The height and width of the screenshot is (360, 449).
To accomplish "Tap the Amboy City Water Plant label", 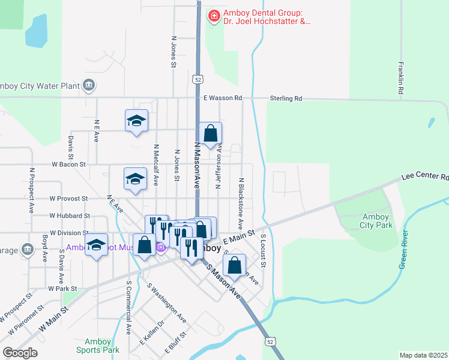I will click(x=40, y=86).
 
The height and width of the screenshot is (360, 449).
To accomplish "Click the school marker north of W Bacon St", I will click(x=136, y=121).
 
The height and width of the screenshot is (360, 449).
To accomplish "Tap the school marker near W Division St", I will click(x=96, y=245).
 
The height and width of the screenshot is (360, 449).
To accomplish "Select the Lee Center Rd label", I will click(x=426, y=178).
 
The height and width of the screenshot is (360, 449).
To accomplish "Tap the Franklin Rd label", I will click(x=400, y=79).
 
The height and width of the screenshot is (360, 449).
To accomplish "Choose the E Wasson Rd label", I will click(x=222, y=98).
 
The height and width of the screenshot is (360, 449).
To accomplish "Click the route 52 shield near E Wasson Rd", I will click(x=197, y=79).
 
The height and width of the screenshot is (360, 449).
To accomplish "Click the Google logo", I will click(x=20, y=353).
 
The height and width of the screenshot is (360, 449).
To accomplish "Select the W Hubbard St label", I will click(x=70, y=215).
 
